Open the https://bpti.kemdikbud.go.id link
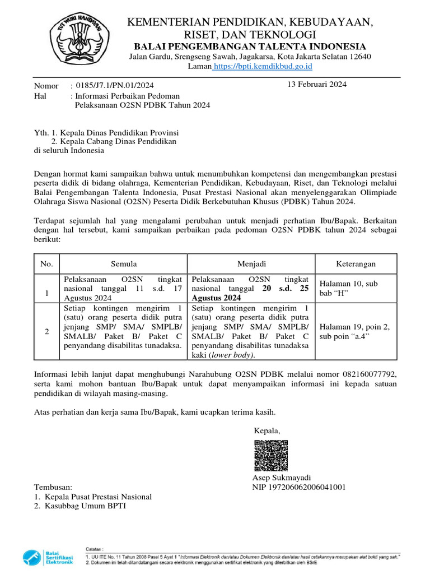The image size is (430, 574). (x=263, y=66)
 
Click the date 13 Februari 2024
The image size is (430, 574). (x=316, y=85)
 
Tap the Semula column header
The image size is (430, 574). (x=123, y=263)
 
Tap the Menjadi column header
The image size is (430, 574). (x=251, y=263)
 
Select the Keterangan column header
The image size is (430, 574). (x=356, y=263)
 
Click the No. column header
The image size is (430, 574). (x=47, y=263)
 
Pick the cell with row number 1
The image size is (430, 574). (x=47, y=293)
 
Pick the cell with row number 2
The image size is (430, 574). (x=47, y=332)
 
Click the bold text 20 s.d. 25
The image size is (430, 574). (x=286, y=289)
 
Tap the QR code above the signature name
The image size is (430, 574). (x=272, y=455)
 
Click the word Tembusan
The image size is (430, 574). (x=53, y=487)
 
